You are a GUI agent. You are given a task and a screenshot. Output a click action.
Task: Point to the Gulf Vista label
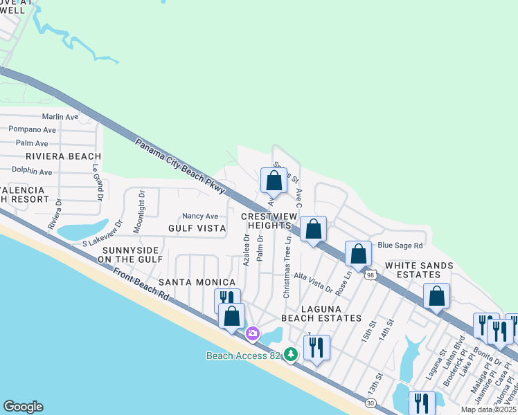[197, 228]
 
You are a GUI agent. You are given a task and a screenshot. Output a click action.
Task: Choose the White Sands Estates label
[419, 270]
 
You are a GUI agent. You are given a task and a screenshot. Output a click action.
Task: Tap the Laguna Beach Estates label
[321, 313]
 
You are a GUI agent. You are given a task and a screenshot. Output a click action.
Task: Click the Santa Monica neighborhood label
[197, 283]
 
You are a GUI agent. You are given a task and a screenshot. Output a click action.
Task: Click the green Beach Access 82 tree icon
[291, 355]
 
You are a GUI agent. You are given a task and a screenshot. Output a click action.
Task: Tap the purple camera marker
[253, 334]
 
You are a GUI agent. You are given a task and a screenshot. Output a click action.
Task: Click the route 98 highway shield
[371, 275]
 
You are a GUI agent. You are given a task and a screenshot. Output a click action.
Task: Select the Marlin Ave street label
[60, 117]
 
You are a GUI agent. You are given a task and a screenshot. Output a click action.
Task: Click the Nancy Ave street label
[200, 216]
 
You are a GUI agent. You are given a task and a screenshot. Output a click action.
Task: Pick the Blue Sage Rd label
[400, 246]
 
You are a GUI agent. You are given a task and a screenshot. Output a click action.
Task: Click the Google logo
[23, 407]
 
